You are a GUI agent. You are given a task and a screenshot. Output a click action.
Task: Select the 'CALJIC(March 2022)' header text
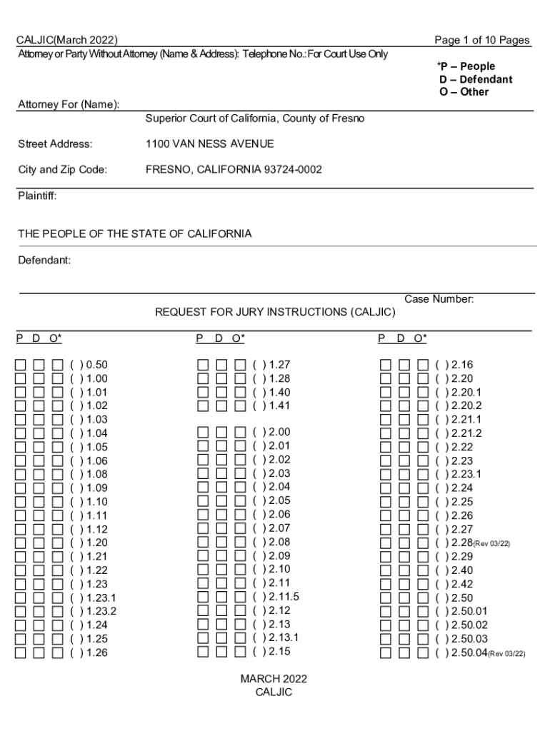(67, 40)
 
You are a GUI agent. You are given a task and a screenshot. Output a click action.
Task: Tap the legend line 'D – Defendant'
(476, 79)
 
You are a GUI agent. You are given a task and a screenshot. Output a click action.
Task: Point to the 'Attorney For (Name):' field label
(68, 105)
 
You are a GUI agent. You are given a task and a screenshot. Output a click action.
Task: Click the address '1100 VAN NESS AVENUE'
(209, 144)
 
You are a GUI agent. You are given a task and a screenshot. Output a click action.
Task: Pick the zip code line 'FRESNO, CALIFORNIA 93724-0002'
(234, 170)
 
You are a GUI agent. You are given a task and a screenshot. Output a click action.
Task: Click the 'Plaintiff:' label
(37, 196)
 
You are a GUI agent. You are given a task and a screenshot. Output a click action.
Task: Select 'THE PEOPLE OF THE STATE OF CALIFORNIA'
(134, 234)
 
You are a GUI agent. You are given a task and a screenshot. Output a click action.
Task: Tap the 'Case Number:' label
(439, 300)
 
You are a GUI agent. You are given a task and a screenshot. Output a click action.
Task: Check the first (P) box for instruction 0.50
(21, 365)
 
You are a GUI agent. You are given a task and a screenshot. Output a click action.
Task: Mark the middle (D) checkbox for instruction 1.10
(39, 502)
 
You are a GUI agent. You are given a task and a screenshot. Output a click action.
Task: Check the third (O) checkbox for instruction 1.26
(58, 652)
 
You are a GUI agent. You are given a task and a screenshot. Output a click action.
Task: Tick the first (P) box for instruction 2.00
(204, 433)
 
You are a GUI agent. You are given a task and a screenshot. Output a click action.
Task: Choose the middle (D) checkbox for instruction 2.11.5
(221, 597)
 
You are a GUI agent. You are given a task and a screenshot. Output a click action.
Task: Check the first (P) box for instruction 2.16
(386, 365)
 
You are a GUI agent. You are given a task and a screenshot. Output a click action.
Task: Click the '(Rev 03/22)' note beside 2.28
(492, 544)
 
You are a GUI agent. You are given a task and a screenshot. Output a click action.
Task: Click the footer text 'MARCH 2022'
(274, 679)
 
